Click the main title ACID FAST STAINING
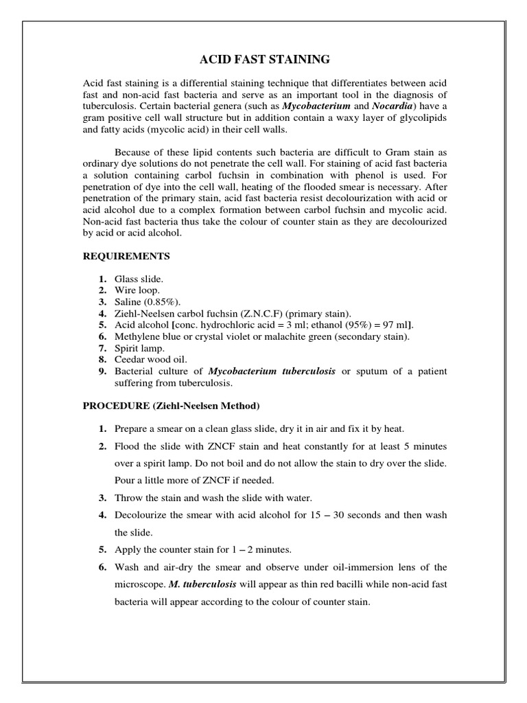263,60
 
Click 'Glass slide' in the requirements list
139,279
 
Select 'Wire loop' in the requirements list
137,290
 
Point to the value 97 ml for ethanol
397,325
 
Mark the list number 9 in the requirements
102,371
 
